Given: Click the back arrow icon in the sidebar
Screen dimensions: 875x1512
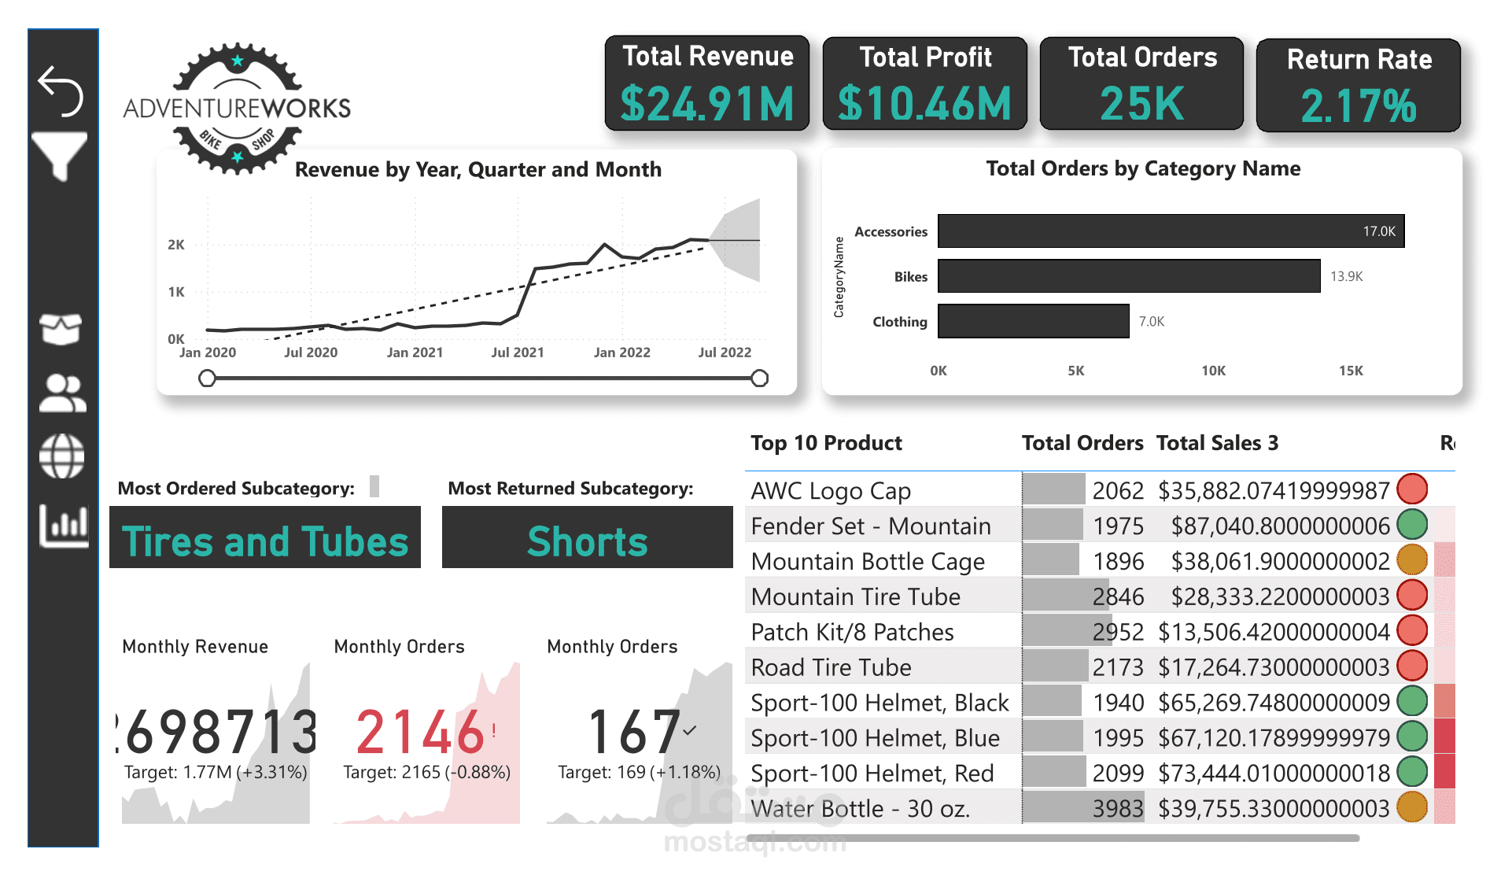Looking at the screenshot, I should tap(61, 90).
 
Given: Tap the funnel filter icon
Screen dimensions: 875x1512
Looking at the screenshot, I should tap(60, 156).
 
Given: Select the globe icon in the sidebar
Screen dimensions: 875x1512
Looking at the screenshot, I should tap(62, 456).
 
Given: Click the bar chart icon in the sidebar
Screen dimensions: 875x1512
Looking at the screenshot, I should tap(64, 525).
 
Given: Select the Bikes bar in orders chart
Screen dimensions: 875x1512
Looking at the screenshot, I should tap(1128, 276).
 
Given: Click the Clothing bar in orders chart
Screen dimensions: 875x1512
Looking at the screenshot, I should tap(1033, 321).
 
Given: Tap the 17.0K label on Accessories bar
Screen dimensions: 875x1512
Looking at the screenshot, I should tap(1378, 231).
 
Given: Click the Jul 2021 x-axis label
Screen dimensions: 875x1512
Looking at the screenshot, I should tap(517, 353).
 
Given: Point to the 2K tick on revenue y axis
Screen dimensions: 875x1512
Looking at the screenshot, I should tap(176, 245).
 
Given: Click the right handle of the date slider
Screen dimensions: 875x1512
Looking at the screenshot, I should tap(759, 378).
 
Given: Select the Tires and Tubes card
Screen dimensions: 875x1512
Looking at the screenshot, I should tap(265, 541).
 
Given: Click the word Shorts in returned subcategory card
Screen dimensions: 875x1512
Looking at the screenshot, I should tap(587, 541).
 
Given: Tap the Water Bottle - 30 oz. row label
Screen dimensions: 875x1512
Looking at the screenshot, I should tap(860, 808).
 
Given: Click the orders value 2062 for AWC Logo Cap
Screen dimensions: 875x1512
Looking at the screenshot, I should tap(1117, 491).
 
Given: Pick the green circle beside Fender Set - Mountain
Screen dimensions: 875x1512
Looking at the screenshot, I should tap(1412, 525).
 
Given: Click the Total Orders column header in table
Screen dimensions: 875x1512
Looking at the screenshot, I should tap(1082, 443).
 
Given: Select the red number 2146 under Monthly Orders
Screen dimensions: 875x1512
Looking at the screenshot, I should tap(419, 732).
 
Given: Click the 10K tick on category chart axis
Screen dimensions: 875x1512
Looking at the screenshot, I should tap(1213, 371).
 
